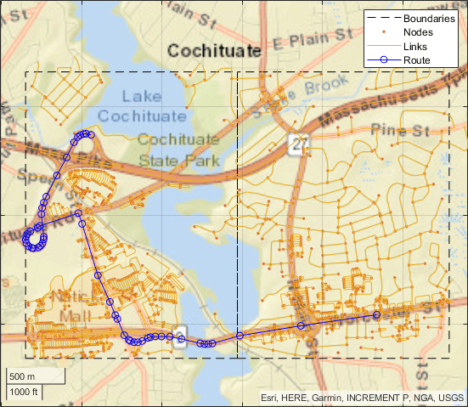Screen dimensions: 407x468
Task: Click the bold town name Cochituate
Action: pyautogui.click(x=214, y=52)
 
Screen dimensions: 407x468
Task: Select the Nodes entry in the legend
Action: pyautogui.click(x=420, y=32)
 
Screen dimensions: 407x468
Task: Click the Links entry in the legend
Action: pyautogui.click(x=417, y=46)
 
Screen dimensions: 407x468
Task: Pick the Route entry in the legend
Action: pyautogui.click(x=418, y=59)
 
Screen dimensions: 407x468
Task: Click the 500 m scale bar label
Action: pyautogui.click(x=23, y=376)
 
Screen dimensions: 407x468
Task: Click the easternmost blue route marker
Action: pyautogui.click(x=376, y=314)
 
